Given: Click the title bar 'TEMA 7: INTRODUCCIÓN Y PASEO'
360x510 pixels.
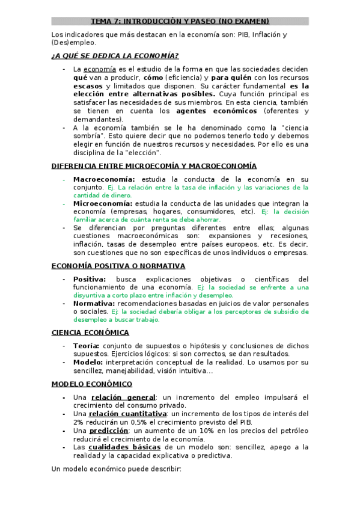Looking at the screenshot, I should [180, 21].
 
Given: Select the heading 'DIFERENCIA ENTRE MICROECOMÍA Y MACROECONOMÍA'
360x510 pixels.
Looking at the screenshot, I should [154, 166].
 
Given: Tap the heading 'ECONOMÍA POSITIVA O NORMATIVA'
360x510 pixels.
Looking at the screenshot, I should [118, 266].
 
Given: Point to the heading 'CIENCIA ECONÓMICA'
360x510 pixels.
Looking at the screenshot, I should [90, 333].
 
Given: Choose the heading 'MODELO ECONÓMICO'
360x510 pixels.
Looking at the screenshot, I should [92, 384].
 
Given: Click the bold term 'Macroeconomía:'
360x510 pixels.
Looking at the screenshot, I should [105, 179].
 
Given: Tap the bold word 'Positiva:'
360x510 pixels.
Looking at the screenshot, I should [90, 279].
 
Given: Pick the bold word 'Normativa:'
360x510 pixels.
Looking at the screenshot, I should [94, 304].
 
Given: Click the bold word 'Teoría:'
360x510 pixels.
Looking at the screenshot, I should [87, 346].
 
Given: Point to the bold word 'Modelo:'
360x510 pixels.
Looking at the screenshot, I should [88, 362].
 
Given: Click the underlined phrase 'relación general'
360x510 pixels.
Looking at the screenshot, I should [123, 398].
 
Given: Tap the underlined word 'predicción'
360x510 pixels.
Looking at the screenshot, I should [110, 431].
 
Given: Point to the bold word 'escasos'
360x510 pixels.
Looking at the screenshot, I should [87, 86].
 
